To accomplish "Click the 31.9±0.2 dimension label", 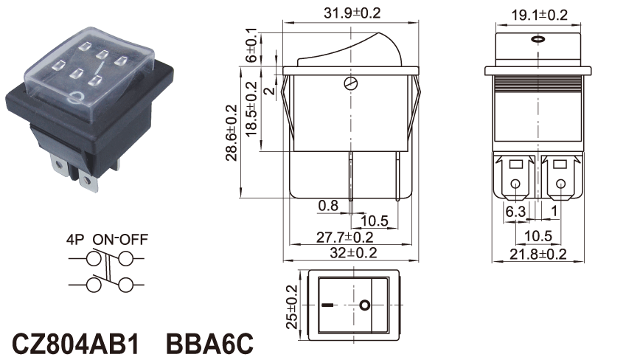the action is [x=352, y=13].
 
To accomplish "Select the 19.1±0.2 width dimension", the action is [x=539, y=15].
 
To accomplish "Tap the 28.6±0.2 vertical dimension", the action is [x=232, y=133].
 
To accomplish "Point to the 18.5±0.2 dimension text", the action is [x=251, y=109].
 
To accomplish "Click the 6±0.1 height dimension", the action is [x=251, y=45].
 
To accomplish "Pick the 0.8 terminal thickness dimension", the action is [x=328, y=206].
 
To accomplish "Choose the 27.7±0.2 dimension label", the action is [x=345, y=238].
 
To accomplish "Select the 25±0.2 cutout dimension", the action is [x=293, y=306].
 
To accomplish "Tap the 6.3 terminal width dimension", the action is [x=515, y=212].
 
